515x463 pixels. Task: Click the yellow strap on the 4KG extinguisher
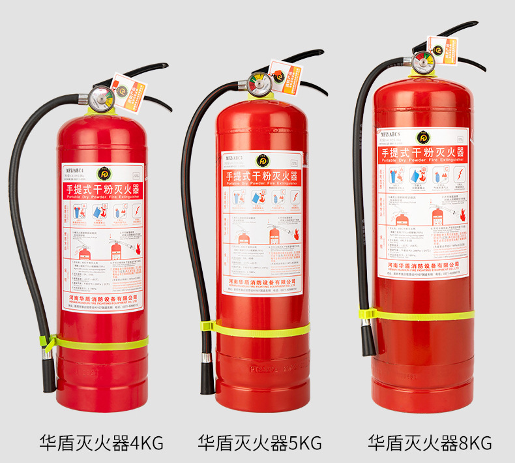(x=98, y=342)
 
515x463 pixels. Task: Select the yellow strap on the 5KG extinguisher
(x=261, y=329)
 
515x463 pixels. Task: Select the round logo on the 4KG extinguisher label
(x=104, y=173)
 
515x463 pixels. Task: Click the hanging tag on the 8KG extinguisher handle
(x=443, y=49)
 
